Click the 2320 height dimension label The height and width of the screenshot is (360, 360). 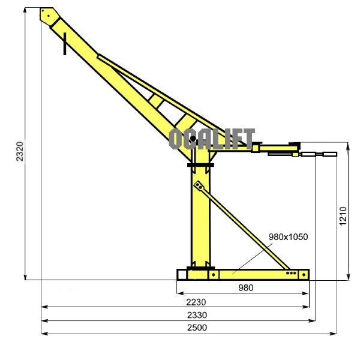[20, 151]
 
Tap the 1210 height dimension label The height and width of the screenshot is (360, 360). [343, 216]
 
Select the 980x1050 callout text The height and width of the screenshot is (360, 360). [288, 237]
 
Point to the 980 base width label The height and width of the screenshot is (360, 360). [245, 287]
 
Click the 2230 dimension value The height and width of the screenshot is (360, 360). [196, 302]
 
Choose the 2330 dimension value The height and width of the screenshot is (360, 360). [197, 315]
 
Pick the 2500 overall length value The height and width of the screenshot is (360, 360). [197, 328]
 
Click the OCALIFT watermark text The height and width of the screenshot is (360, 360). [212, 139]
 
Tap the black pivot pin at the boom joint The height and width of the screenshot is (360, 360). [193, 139]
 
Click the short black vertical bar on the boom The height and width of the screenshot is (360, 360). [65, 44]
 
